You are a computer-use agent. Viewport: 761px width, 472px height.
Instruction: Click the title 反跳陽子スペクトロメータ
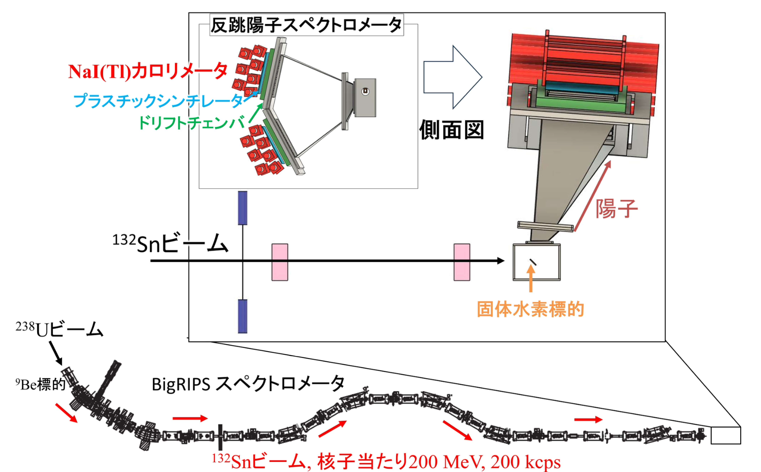click(306, 25)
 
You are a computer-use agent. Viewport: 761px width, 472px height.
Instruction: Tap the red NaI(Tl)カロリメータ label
click(148, 72)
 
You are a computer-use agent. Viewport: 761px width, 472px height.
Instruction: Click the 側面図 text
click(452, 130)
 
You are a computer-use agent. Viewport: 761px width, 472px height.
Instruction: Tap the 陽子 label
click(616, 209)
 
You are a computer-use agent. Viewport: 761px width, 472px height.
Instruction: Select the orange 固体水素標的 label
click(531, 310)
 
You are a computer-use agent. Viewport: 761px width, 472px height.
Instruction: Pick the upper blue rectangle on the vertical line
click(243, 208)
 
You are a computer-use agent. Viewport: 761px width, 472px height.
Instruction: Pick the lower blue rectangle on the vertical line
click(243, 316)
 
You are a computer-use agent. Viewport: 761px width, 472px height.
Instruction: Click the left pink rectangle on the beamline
click(280, 262)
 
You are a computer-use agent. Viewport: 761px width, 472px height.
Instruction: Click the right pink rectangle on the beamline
click(462, 262)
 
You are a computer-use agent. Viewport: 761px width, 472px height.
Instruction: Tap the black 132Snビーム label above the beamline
click(170, 243)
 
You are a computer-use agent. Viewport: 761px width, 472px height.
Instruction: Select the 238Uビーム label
click(60, 329)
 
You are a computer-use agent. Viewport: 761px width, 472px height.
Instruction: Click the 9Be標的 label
click(40, 384)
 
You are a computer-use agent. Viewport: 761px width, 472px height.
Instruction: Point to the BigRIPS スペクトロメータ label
click(248, 384)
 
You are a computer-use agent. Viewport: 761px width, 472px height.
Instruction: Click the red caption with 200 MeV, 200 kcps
click(386, 461)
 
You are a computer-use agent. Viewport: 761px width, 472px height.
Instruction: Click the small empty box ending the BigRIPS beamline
click(726, 436)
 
